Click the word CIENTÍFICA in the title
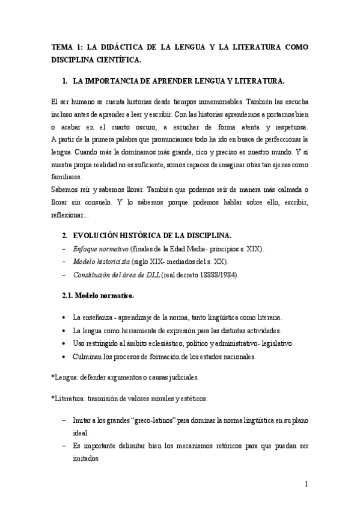click(120, 60)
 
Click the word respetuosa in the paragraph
click(286, 127)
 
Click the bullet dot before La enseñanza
click(64, 317)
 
